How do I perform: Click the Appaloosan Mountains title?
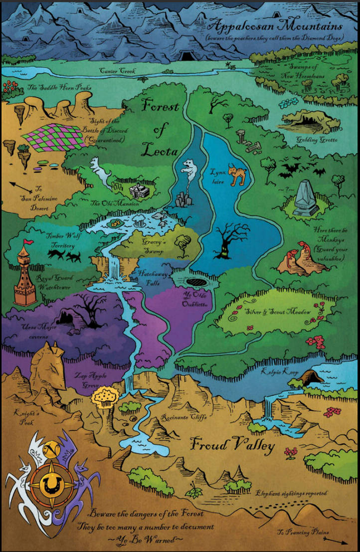tap(276, 25)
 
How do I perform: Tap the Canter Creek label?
tap(118, 70)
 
